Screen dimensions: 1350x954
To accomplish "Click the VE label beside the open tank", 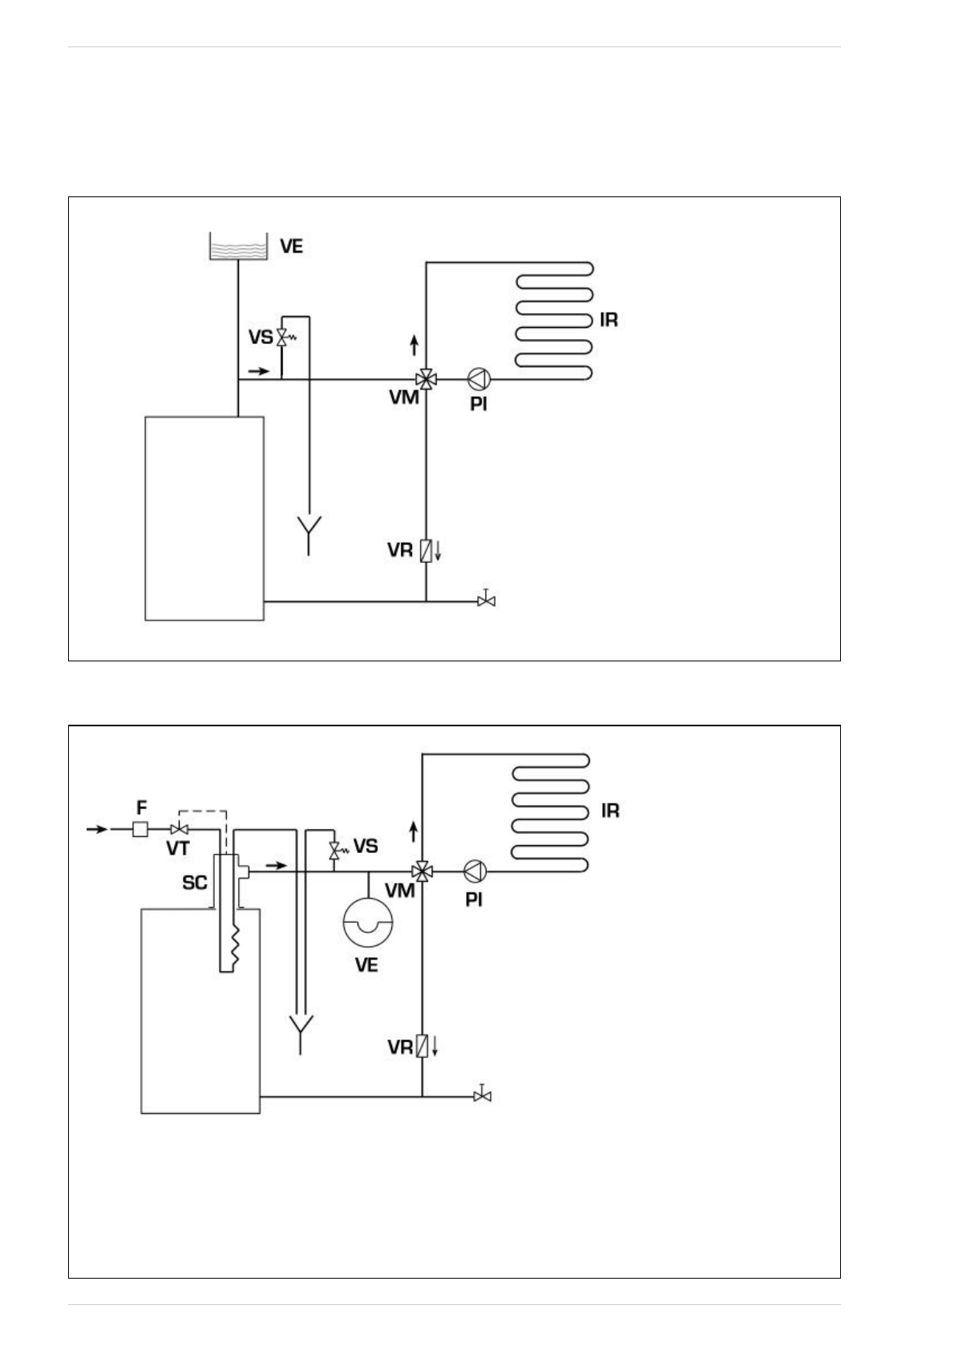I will click(291, 246).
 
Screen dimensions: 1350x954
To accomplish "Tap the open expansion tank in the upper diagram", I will click(237, 246).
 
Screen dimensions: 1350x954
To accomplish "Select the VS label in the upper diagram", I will click(260, 337).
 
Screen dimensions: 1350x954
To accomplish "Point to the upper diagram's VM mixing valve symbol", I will click(426, 378).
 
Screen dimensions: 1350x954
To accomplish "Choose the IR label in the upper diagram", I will click(608, 321).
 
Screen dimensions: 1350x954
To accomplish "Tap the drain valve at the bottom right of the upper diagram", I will click(486, 600).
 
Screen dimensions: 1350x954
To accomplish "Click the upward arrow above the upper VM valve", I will click(414, 346).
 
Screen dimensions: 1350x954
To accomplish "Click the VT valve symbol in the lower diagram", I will click(180, 829).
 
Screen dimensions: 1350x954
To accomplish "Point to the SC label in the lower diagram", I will click(195, 883).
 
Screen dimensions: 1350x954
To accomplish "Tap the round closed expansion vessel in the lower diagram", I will click(367, 921).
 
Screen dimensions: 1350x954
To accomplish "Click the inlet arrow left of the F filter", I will click(97, 829).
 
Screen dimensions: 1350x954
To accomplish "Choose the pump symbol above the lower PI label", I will click(475, 871).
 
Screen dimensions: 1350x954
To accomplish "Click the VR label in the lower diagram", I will click(400, 1047).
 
